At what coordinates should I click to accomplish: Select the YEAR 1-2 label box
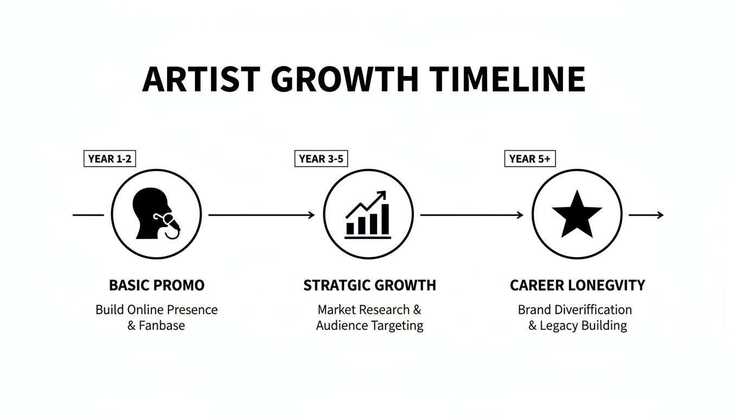(x=109, y=159)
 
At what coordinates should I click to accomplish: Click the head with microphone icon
(x=155, y=214)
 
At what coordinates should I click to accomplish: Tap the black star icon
(x=577, y=214)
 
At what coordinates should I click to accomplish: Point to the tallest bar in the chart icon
(x=385, y=219)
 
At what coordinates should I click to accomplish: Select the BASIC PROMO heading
(x=157, y=285)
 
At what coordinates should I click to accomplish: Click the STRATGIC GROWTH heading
(x=369, y=285)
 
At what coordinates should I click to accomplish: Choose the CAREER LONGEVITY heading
(x=578, y=285)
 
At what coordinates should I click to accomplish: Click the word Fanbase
(x=162, y=326)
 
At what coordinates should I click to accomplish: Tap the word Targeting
(x=397, y=326)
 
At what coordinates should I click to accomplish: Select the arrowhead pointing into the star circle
(x=521, y=215)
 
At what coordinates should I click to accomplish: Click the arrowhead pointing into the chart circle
(x=311, y=215)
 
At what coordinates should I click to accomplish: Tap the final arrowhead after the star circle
(x=660, y=215)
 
